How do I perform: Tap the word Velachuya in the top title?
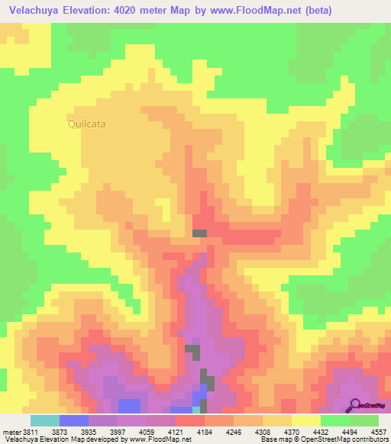[34, 10]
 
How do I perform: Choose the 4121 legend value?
[178, 431]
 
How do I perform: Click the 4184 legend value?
[206, 431]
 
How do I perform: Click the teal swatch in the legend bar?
[44, 420]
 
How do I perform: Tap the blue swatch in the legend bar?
[73, 420]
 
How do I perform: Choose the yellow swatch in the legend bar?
[305, 420]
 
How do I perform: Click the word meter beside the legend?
[11, 431]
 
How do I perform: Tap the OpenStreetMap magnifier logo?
[354, 404]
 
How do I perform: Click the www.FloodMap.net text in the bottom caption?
[160, 439]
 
